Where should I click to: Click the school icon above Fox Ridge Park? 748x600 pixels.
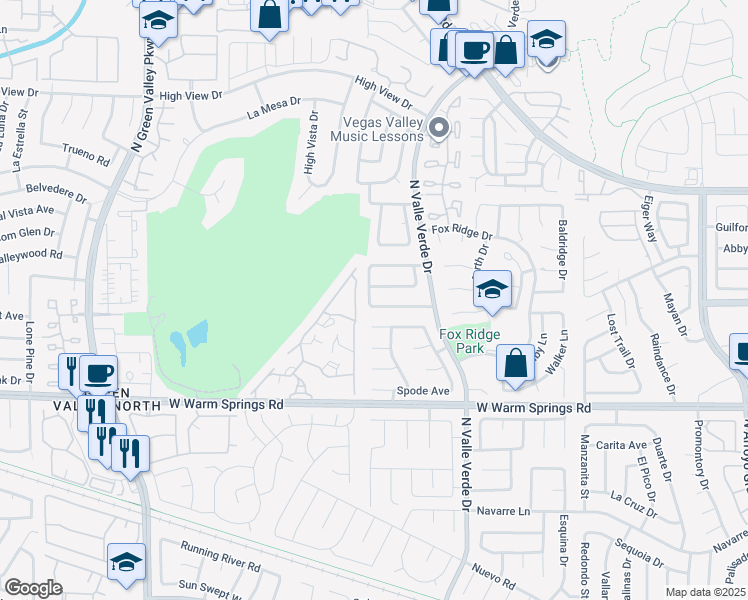point(491,290)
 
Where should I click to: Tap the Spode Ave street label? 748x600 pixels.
point(423,391)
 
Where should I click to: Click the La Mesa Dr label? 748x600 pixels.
point(274,109)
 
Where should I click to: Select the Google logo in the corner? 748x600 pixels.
point(33,588)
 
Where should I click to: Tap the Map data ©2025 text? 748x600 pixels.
point(704,592)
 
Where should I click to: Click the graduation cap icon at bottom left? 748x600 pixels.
point(127,561)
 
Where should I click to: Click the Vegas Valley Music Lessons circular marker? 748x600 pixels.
point(437,128)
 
